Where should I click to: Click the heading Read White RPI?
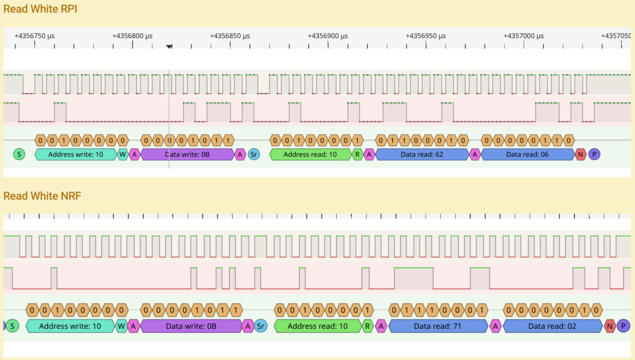coord(40,9)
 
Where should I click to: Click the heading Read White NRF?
coord(42,196)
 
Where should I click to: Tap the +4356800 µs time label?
coord(132,36)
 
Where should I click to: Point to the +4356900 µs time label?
coord(328,36)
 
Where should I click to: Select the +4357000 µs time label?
coord(523,36)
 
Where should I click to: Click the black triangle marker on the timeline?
coord(169,46)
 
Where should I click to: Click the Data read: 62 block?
coord(422,155)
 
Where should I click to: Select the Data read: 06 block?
coord(527,155)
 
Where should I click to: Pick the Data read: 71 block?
coord(438,326)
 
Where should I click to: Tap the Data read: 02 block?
coord(552,326)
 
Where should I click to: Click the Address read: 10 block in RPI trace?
coord(310,155)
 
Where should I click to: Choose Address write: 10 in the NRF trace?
coord(70,326)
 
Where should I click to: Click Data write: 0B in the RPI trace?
coord(188,155)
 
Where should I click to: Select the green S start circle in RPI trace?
coord(19,155)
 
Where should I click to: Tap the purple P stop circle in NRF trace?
coord(623,326)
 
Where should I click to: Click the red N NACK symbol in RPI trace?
coord(580,155)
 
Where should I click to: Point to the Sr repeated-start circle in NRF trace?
coord(260,326)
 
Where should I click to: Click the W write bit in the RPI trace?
coord(123,155)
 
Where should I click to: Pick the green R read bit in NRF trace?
coord(368,326)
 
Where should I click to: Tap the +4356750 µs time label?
coord(35,36)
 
